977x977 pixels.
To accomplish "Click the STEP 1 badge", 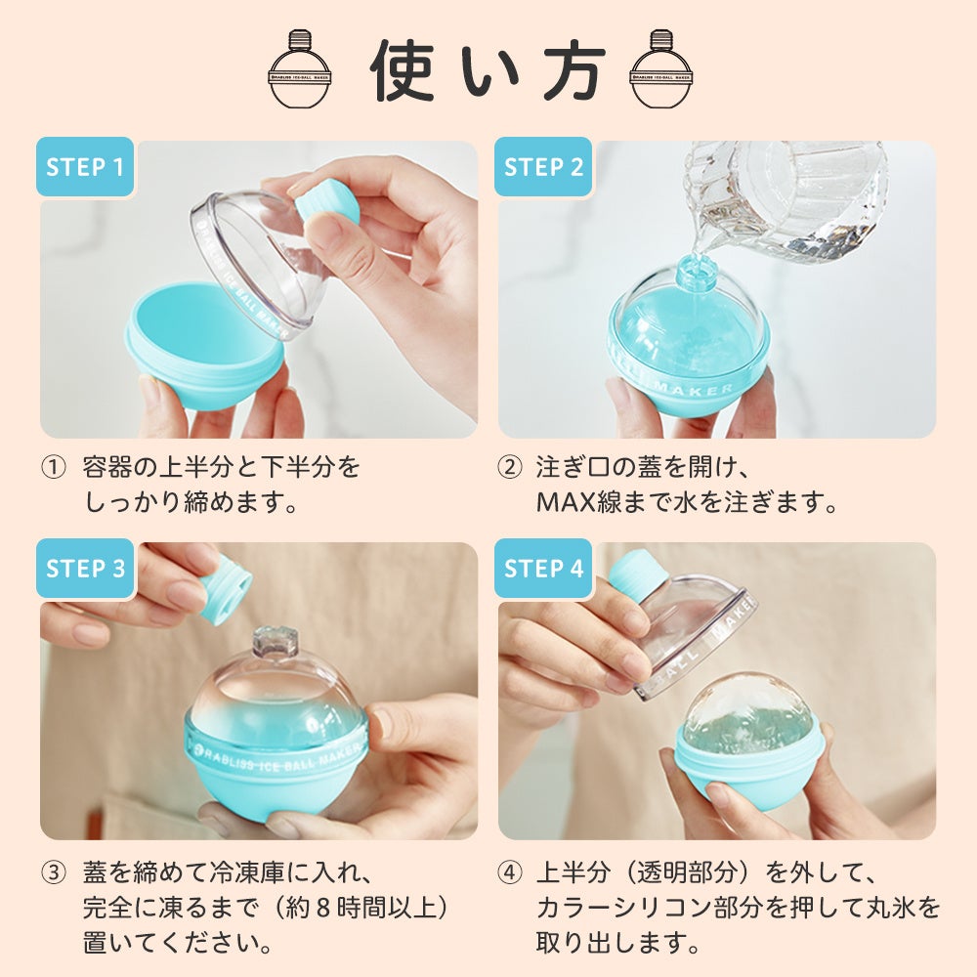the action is (x=85, y=167).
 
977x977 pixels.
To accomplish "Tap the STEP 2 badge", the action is (x=542, y=167).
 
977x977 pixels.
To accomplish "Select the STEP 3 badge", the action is (x=85, y=569).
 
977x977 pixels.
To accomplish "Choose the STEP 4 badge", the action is (x=542, y=569).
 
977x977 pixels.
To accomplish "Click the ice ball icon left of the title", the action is (x=299, y=68).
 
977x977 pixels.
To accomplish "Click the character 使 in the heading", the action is (x=402, y=70).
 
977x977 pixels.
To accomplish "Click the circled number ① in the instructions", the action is (x=53, y=467).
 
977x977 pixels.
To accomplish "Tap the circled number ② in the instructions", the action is (x=510, y=467).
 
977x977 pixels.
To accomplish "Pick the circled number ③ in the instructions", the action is (x=53, y=872).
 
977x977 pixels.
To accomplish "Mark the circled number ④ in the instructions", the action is (x=510, y=872).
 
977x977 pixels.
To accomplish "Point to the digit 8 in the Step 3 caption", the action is (x=322, y=908).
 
